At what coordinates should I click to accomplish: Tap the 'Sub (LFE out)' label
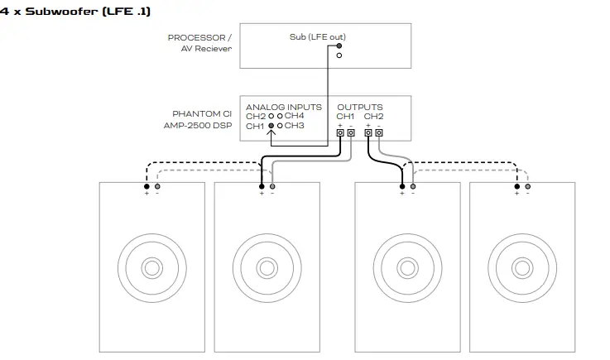pos(318,37)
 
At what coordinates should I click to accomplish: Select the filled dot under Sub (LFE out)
pos(339,46)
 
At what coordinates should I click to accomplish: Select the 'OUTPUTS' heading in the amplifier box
pos(359,108)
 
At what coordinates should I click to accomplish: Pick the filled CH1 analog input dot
pos(271,126)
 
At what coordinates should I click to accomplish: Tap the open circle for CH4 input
pos(281,116)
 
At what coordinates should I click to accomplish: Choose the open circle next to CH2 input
pos(271,116)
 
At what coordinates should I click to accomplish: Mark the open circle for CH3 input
pos(281,126)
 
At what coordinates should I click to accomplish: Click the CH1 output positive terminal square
pos(340,132)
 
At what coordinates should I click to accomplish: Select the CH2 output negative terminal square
pos(378,132)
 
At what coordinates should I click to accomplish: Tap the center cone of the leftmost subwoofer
pos(151,268)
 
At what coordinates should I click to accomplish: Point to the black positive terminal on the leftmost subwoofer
pos(146,187)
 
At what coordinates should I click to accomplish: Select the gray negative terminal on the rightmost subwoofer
pos(527,187)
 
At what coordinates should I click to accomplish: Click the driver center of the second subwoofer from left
pos(266,268)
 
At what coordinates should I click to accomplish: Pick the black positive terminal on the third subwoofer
pos(402,187)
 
